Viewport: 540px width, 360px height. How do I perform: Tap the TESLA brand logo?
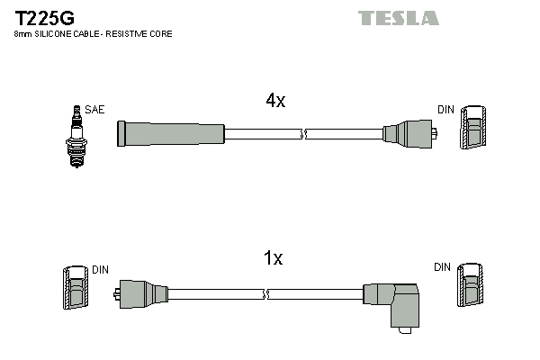[x=398, y=18]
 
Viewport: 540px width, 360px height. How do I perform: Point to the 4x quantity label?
[x=275, y=102]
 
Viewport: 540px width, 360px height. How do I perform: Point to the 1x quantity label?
[x=273, y=258]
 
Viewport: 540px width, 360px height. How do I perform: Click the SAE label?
[x=95, y=110]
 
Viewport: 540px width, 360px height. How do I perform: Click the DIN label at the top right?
[x=446, y=110]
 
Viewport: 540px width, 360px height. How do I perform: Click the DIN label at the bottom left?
[x=100, y=269]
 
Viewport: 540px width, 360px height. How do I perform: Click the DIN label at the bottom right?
[x=442, y=267]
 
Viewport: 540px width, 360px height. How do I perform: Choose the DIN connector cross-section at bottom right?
[x=471, y=287]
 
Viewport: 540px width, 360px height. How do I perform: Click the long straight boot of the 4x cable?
[x=171, y=134]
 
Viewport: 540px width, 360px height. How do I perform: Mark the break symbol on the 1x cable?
[x=266, y=293]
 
